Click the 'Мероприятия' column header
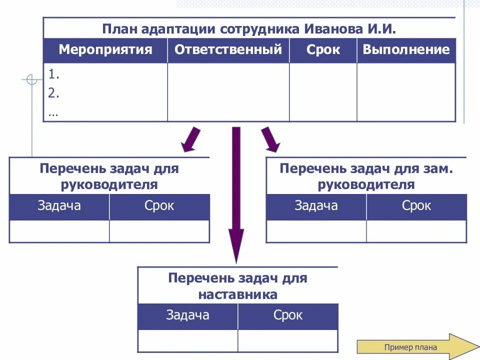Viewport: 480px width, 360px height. [105, 50]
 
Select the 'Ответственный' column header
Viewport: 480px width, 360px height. [228, 50]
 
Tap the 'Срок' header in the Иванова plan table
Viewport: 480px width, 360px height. [323, 50]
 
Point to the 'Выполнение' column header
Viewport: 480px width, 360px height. [406, 50]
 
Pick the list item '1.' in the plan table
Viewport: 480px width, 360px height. [54, 75]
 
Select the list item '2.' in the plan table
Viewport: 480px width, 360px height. [54, 93]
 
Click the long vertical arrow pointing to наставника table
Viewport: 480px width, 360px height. [236, 195]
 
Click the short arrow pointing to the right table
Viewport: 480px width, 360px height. [270, 139]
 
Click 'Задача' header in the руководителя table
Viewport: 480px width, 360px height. [59, 206]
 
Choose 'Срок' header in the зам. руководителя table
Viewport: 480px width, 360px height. [416, 206]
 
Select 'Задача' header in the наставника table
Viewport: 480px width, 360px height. [187, 315]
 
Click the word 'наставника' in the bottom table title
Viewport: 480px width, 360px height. [237, 294]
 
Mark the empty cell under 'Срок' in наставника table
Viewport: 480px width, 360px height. [287, 340]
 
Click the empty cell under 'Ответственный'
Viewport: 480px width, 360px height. [228, 92]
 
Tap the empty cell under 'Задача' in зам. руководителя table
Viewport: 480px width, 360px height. [316, 231]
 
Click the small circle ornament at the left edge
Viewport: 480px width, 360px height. [31, 79]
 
